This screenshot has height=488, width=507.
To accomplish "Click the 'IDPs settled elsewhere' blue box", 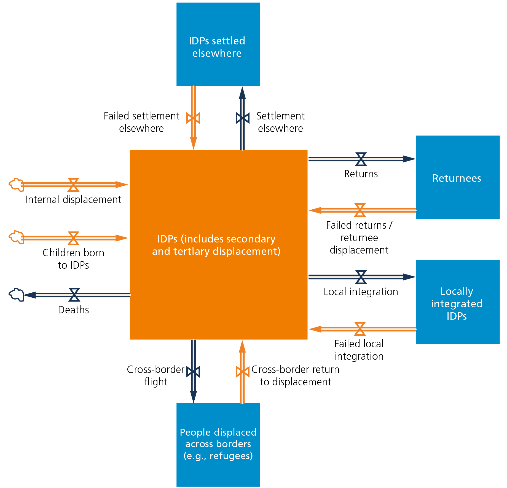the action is pos(218,44).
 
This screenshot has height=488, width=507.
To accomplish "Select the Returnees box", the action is pos(458,177).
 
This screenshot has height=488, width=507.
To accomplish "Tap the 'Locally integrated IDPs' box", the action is pos(458,302).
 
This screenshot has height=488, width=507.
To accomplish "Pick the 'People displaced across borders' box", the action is pos(218,445).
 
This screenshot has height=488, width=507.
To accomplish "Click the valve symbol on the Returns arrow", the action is pos(361,159).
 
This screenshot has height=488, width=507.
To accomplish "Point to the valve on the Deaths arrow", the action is pos(74,295).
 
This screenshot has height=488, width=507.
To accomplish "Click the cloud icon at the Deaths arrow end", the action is pos(17,295).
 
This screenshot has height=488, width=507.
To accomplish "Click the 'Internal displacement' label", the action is pos(73,199).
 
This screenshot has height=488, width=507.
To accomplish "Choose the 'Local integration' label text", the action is pos(361,292).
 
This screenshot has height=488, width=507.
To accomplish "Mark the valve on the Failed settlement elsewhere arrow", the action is pos(193,118).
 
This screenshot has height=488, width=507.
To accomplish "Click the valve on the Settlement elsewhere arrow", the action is pos(243,118).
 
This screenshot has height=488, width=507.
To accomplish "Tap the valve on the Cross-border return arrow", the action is pos(243,372).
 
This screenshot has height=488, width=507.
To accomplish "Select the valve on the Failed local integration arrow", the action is pos(360,329).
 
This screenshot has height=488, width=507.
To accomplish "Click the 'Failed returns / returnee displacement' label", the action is pos(359,238).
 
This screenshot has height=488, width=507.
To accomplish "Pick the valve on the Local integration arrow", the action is pos(361,277).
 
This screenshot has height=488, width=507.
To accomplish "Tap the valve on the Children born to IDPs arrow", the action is pos(73,238).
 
